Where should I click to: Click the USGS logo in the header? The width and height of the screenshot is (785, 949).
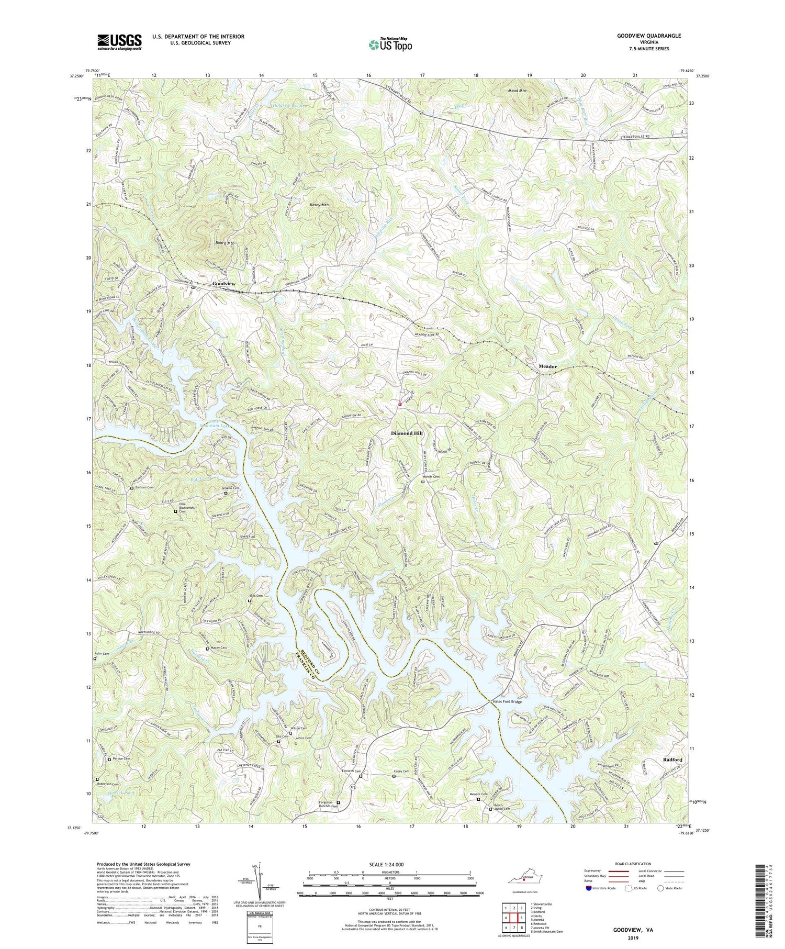[119, 41]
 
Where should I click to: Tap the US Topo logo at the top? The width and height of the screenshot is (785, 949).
[390, 45]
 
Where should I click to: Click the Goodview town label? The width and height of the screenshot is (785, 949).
[223, 283]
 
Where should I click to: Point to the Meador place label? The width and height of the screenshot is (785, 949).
[547, 366]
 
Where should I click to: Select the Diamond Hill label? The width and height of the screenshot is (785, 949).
[406, 434]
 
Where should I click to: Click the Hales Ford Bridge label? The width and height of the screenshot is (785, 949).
[507, 701]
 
